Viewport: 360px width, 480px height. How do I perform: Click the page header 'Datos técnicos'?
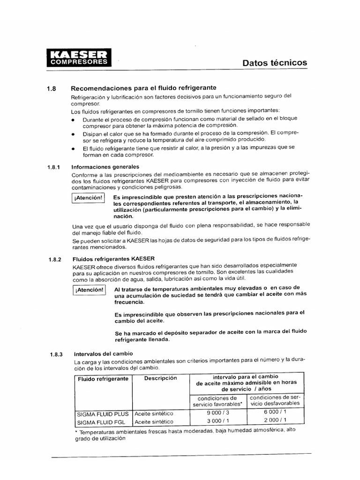point(275,62)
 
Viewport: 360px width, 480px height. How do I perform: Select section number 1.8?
point(52,88)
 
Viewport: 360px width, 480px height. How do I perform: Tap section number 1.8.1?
point(54,167)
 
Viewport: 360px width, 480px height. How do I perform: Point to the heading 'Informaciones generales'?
point(105,166)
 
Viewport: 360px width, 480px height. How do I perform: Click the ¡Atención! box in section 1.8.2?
point(89,291)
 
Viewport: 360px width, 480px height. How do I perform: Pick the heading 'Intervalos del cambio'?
point(104,353)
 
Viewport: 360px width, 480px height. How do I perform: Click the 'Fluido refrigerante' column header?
point(102,379)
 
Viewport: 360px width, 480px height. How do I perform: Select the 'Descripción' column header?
point(161,378)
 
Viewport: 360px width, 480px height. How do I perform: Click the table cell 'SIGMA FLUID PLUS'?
point(103,413)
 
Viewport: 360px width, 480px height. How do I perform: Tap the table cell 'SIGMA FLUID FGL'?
point(101,421)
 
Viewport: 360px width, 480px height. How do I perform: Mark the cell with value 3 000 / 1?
point(218,421)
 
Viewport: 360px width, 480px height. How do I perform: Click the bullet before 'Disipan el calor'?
point(73,134)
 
